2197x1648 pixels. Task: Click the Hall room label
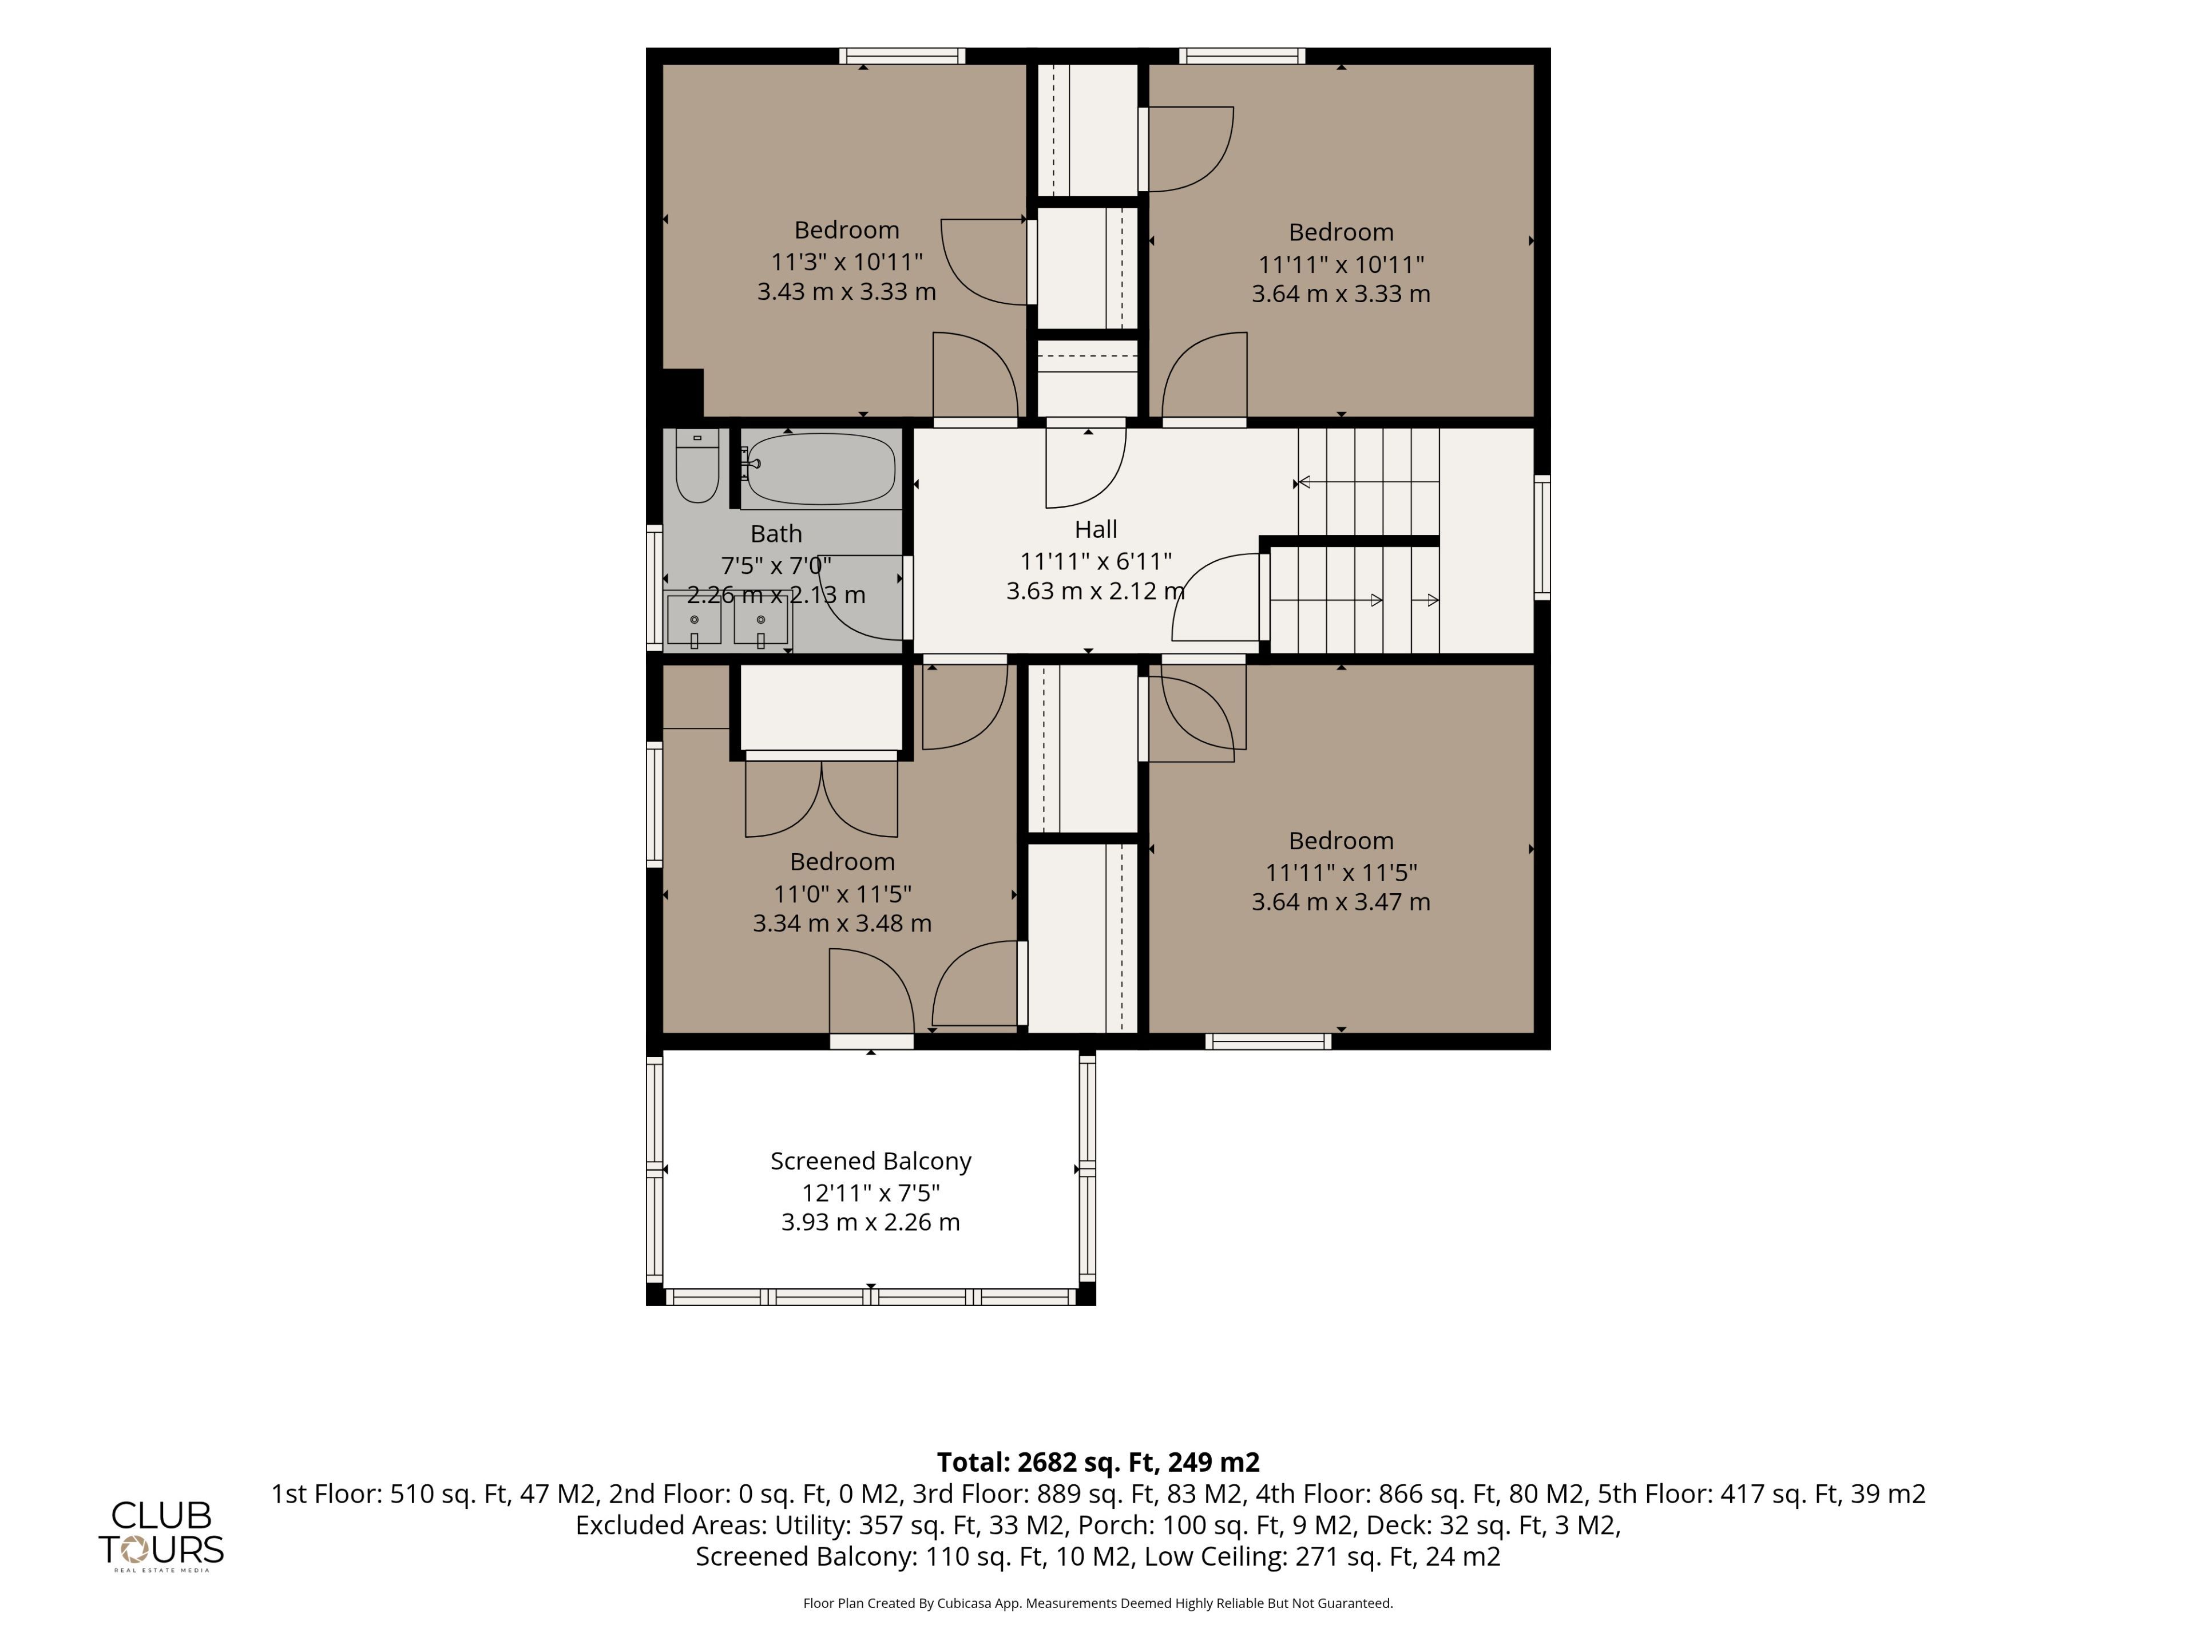point(1096,529)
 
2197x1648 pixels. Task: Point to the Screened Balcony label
point(871,1161)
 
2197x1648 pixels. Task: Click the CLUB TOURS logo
point(161,1535)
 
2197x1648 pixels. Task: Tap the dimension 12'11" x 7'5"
point(871,1192)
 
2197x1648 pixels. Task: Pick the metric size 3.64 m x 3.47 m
point(1341,902)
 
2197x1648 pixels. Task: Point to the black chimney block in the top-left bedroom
point(683,393)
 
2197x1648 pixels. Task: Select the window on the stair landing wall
point(1542,537)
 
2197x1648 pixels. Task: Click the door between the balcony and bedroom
point(871,1041)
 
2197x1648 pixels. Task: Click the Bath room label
point(776,534)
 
